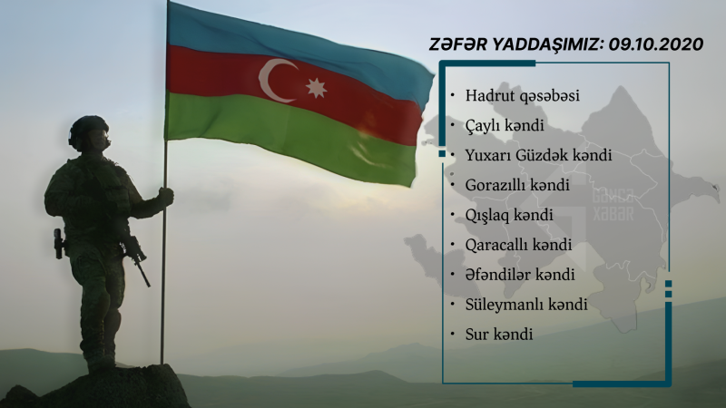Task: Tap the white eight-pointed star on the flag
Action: click(315, 88)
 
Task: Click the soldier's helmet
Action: click(89, 128)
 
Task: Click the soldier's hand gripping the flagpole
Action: click(165, 196)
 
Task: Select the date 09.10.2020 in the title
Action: click(652, 44)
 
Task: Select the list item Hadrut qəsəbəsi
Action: click(522, 95)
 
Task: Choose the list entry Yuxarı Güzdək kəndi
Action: click(538, 155)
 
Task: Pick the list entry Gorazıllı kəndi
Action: click(517, 185)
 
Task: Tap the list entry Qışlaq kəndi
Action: click(509, 215)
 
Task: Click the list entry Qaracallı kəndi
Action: click(518, 245)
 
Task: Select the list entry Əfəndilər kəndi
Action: click(519, 274)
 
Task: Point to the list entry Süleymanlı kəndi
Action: click(525, 304)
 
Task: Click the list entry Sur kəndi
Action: click(498, 334)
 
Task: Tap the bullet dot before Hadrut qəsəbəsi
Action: click(451, 94)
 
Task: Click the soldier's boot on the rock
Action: click(97, 363)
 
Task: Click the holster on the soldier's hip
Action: click(60, 243)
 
